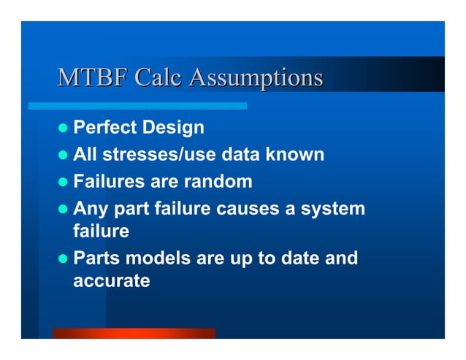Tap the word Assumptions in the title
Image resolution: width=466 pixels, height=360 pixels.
click(256, 78)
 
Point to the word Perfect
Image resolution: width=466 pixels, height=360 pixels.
click(105, 129)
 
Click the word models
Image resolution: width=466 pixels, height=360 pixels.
click(154, 259)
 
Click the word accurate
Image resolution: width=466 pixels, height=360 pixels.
click(112, 281)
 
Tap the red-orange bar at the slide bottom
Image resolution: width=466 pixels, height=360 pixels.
click(134, 333)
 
